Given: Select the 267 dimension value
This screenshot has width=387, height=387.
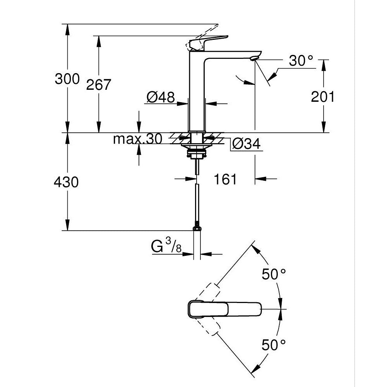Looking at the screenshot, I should (x=98, y=84).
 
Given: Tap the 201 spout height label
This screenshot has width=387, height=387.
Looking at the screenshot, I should (x=323, y=97).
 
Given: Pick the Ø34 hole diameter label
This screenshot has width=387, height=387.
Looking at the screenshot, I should (x=246, y=144).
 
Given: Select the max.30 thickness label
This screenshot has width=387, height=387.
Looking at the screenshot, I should (x=137, y=139).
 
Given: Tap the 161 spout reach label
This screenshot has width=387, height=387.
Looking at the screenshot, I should (x=225, y=179).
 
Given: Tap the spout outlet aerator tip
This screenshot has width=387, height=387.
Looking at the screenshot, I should (x=253, y=58).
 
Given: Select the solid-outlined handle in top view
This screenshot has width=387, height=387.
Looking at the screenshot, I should (x=225, y=308).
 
